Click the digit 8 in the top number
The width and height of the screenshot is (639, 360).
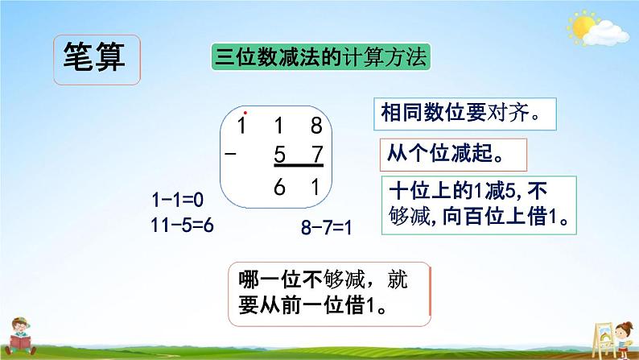tap(316, 124)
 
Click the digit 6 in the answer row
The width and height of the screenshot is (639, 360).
tap(279, 187)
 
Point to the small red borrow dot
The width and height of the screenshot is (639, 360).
tap(245, 113)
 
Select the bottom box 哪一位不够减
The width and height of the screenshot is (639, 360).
tap(328, 294)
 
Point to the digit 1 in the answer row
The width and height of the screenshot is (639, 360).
tap(316, 187)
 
